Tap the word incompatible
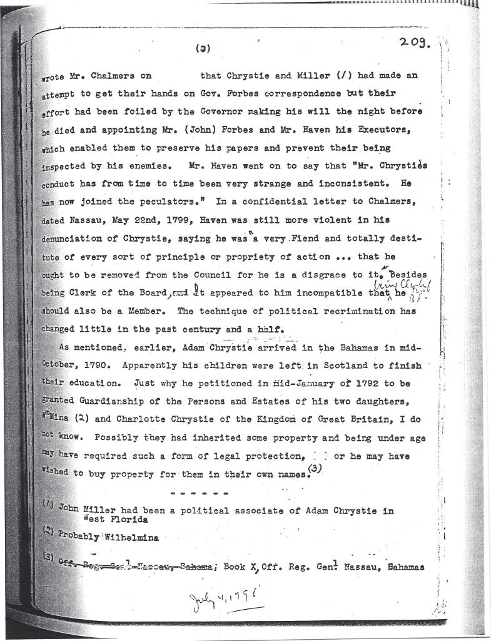click(333, 294)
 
